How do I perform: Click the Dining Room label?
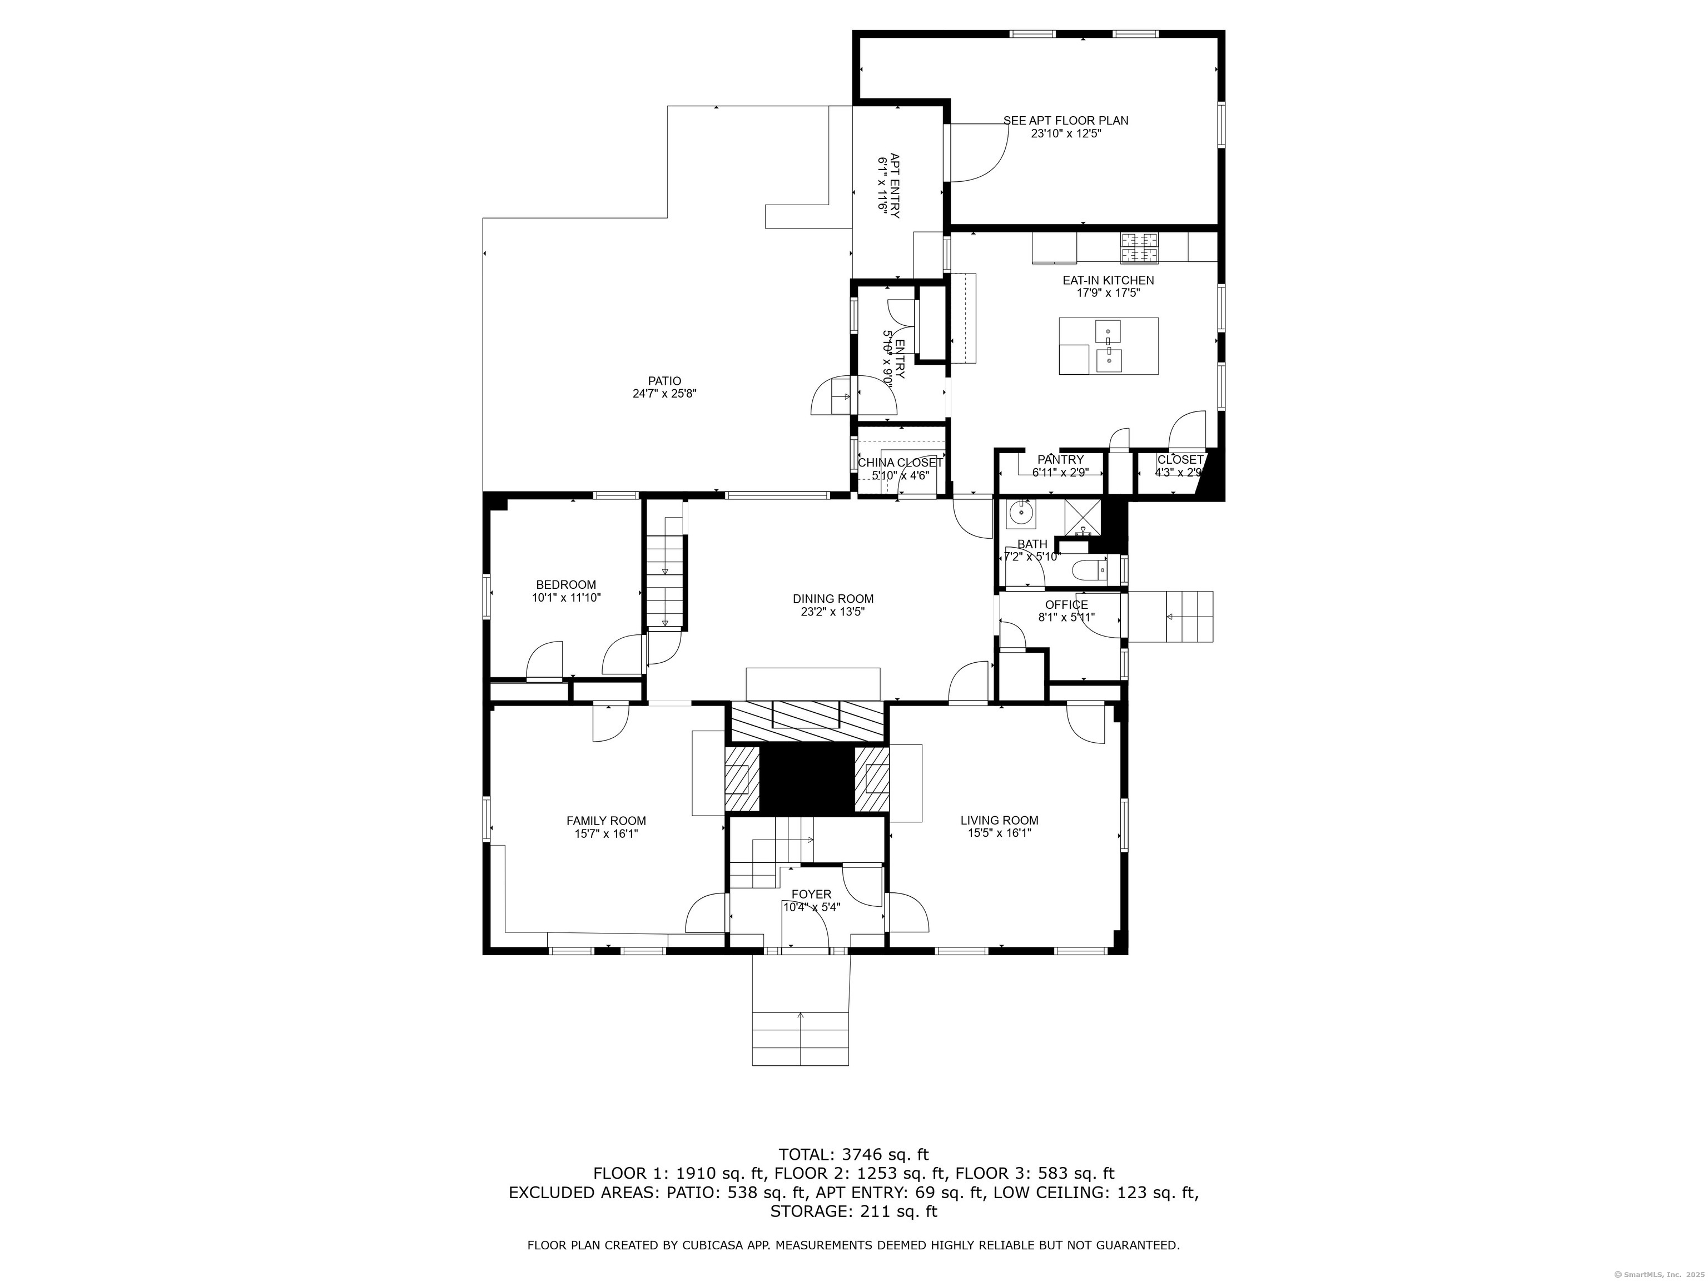pos(833,598)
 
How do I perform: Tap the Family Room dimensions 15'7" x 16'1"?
pos(606,834)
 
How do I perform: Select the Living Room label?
pos(999,820)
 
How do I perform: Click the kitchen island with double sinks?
pos(1109,346)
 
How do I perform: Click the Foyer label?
pos(812,894)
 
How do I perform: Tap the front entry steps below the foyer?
pos(800,1038)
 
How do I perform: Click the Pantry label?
pos(1060,459)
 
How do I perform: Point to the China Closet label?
pos(900,463)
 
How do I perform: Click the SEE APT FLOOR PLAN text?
pos(1066,121)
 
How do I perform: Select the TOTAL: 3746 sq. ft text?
pos(853,1155)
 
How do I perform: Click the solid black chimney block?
pos(807,778)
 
